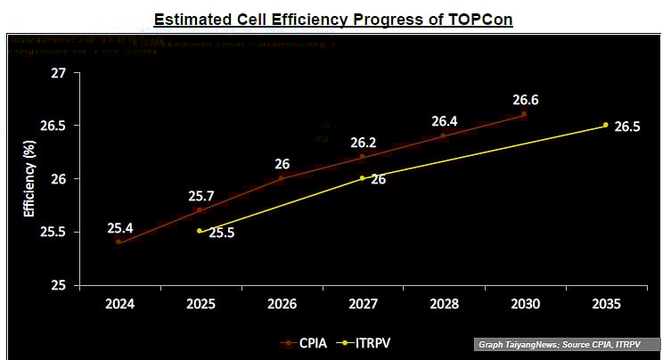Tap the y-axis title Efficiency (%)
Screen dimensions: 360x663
tap(29, 179)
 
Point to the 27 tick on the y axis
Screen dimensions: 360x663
tap(59, 73)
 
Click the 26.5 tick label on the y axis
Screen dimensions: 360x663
tap(53, 127)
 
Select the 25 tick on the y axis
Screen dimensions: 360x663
tap(59, 285)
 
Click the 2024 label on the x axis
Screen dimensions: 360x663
tap(119, 304)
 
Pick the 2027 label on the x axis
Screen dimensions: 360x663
tap(363, 304)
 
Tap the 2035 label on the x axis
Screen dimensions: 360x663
tap(606, 304)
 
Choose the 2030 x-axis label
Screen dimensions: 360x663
tap(525, 304)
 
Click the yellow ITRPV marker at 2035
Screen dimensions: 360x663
tap(606, 125)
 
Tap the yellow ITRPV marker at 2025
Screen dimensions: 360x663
tap(200, 231)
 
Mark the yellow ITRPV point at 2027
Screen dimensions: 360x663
tap(363, 178)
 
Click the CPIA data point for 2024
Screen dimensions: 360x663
tap(119, 241)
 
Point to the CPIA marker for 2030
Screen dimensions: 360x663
tap(524, 114)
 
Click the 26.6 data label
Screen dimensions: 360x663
tap(525, 100)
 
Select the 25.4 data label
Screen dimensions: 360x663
tap(120, 227)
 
